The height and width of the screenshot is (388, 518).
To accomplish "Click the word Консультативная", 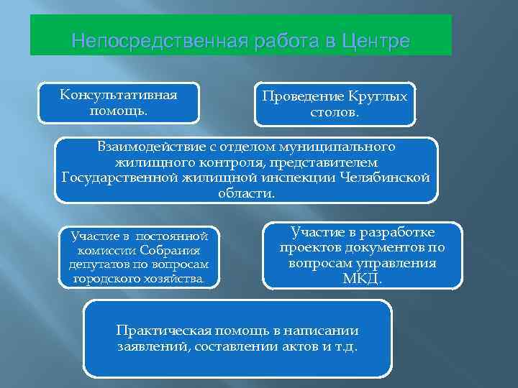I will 119,95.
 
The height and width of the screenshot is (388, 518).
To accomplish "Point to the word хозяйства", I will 175,278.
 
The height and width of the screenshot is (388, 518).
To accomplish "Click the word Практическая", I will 162,331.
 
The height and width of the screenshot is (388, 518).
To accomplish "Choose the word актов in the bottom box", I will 294,346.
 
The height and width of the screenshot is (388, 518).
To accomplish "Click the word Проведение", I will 295,96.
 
